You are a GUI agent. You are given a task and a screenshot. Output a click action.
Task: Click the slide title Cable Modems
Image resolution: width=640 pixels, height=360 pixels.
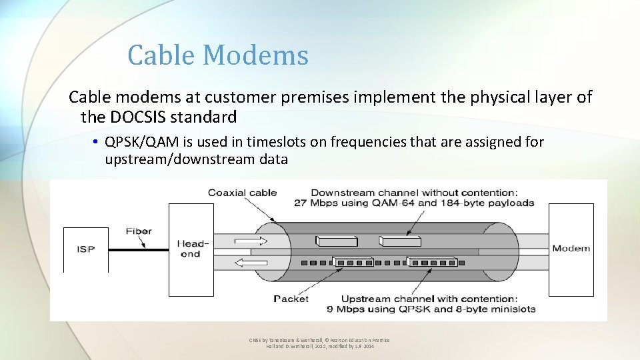pos(218,55)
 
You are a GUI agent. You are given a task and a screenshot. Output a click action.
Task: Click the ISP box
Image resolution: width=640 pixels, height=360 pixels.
pos(85,249)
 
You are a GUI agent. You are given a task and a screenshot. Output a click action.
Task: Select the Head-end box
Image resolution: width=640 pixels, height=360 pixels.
pos(191,249)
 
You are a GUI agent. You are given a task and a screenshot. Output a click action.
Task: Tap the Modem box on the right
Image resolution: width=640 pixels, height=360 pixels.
pos(571,249)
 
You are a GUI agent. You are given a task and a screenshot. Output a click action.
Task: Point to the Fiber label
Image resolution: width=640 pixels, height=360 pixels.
pos(139,231)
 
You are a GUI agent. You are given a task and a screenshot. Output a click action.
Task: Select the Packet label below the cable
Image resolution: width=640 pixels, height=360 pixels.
pos(291,299)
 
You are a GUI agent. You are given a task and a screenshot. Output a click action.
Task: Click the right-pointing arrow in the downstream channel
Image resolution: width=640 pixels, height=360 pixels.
pos(252,241)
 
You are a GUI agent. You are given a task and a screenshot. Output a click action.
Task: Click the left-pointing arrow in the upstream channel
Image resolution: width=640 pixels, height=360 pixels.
pos(252,262)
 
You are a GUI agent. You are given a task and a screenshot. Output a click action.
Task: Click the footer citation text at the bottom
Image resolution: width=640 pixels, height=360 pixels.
pos(319,343)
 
